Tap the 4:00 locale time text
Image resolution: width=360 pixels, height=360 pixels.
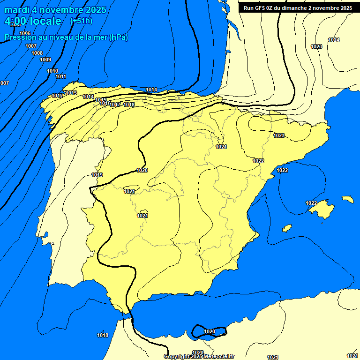point(33,21)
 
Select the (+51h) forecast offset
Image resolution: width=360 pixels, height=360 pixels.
point(81,21)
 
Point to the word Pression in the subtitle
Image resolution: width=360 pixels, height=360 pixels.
point(20,37)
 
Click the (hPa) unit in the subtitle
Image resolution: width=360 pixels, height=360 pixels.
point(118,37)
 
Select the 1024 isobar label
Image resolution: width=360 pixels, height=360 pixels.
point(334,40)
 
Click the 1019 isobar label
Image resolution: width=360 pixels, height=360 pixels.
point(97,175)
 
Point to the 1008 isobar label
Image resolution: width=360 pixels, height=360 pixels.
point(37,53)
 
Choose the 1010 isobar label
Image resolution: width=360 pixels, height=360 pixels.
point(52,71)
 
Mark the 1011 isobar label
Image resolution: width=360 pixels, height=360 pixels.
point(60,76)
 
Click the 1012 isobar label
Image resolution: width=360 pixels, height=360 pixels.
point(57,96)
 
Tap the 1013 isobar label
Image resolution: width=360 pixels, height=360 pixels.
point(71,93)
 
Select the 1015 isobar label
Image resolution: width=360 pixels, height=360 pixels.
point(101,99)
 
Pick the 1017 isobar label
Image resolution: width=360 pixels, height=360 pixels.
point(115,105)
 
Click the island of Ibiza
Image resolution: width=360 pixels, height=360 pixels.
point(287,228)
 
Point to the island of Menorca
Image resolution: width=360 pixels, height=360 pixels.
point(348,199)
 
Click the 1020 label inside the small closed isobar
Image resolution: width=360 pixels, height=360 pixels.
point(210,331)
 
